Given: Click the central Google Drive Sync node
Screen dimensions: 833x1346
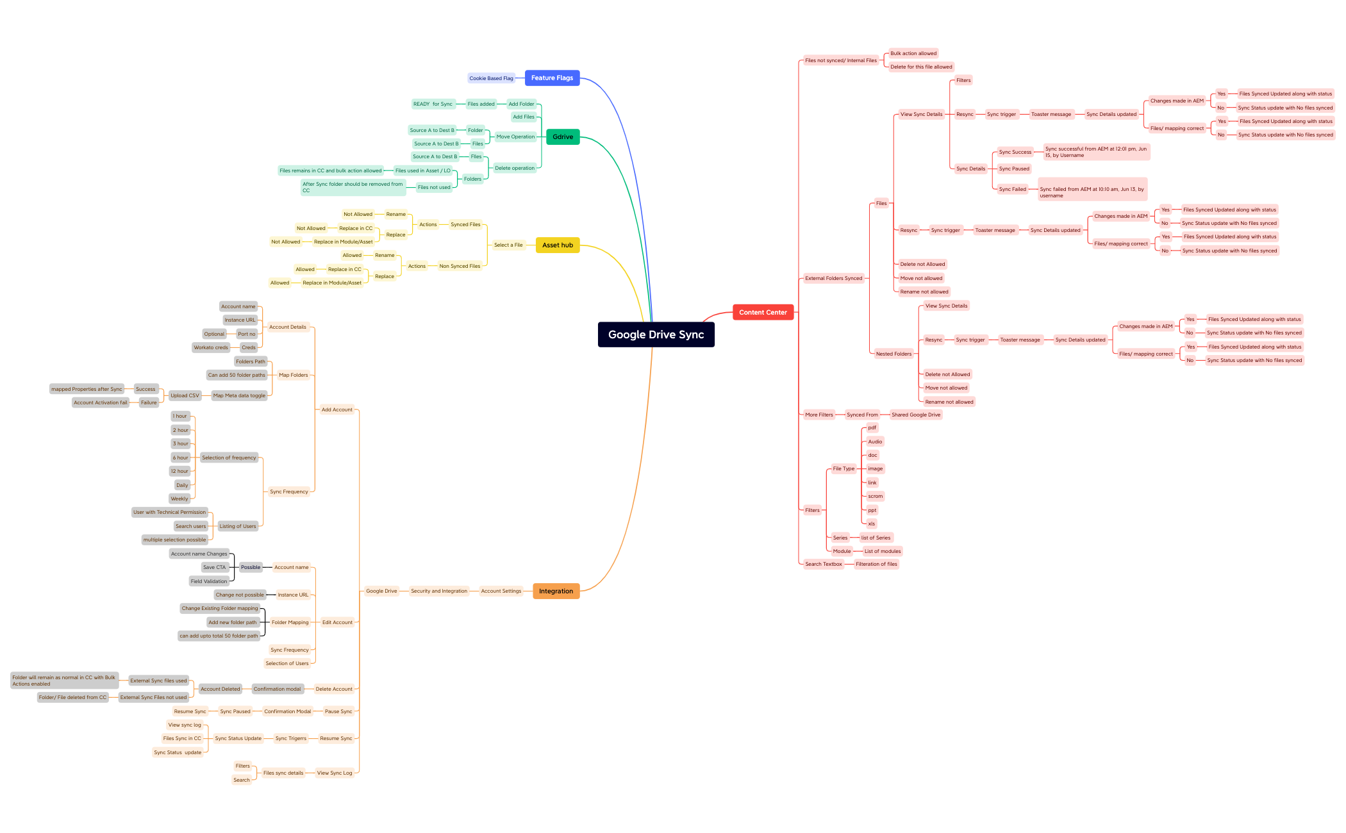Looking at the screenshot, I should [x=656, y=334].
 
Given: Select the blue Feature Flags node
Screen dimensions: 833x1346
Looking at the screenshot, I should [x=552, y=78].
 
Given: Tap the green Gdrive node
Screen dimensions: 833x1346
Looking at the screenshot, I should [x=563, y=137].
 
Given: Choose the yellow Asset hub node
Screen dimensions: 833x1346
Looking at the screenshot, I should [x=557, y=245].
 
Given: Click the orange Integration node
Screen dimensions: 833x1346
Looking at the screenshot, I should [x=556, y=591].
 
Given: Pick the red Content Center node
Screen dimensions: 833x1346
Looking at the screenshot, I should [x=763, y=313].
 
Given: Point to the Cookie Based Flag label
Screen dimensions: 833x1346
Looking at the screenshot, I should [x=491, y=79].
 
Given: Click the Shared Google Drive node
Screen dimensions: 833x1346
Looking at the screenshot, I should [x=916, y=415].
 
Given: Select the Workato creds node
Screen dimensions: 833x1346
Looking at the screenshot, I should [x=211, y=348].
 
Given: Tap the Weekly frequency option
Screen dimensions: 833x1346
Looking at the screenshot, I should [x=179, y=499].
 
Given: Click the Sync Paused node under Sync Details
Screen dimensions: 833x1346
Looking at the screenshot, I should [x=1014, y=169].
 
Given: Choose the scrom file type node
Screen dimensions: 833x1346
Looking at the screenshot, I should [x=875, y=497].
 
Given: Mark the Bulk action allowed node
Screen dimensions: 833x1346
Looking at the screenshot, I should [x=913, y=54].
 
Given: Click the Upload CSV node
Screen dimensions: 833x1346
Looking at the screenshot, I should [x=185, y=396].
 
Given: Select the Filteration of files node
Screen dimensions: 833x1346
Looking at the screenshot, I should [x=876, y=565].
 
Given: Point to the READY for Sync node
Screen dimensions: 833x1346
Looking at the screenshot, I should [x=433, y=104].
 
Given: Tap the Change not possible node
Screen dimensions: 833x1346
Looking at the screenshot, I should [x=240, y=595].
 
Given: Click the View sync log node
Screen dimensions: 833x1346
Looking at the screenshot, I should [x=185, y=725].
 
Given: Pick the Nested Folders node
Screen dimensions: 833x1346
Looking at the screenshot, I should [x=893, y=354].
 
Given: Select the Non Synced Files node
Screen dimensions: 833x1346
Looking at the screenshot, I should [x=460, y=267].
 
